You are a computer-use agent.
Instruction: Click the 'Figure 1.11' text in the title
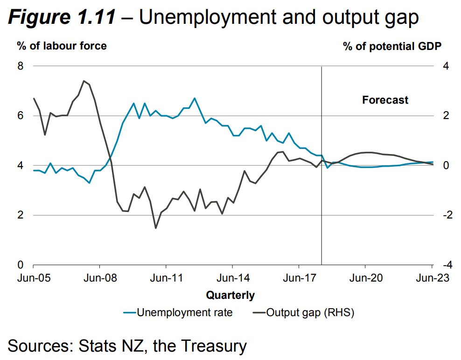[61, 18]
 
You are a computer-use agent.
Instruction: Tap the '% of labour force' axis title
[62, 46]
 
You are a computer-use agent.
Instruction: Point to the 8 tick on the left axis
[20, 66]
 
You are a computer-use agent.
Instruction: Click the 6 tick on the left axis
[20, 115]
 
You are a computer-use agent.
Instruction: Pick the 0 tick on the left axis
[20, 265]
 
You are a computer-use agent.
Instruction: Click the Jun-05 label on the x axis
[33, 278]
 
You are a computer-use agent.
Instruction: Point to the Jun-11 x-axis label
[166, 278]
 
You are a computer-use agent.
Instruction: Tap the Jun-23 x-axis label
[431, 278]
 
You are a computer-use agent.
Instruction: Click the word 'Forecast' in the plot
[385, 100]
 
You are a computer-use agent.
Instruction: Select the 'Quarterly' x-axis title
[230, 295]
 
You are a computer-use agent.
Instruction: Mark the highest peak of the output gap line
[84, 81]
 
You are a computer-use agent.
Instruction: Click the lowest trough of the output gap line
[155, 228]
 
